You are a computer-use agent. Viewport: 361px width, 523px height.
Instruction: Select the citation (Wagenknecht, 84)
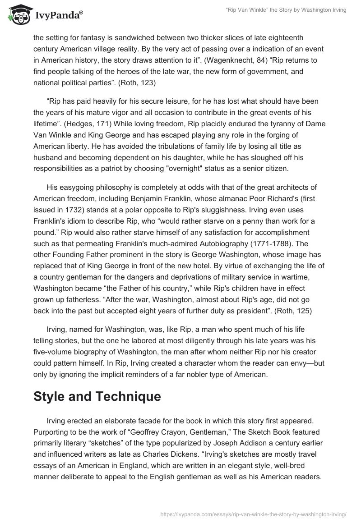coord(177,60)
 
